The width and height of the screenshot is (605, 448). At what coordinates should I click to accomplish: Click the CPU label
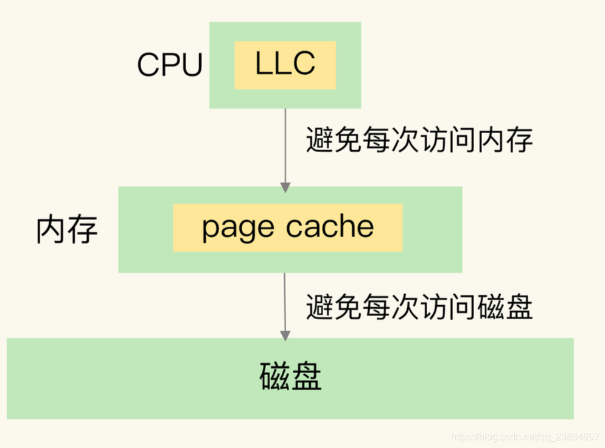[x=169, y=65]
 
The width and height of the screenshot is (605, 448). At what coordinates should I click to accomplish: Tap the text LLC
[x=285, y=64]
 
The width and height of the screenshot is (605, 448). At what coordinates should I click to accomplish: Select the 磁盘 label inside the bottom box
[x=290, y=377]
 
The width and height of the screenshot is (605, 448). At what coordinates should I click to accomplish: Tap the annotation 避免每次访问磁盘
[x=419, y=307]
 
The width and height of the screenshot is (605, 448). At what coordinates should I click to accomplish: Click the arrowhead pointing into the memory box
[x=285, y=187]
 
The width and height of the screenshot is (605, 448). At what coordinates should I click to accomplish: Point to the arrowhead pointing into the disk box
[x=285, y=334]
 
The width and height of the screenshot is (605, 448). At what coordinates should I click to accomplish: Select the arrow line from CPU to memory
[x=285, y=146]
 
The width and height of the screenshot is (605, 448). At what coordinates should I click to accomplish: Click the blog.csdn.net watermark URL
[x=524, y=437]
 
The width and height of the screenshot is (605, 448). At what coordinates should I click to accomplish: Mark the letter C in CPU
[x=148, y=65]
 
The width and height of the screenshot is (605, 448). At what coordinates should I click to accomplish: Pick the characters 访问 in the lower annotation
[x=449, y=307]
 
